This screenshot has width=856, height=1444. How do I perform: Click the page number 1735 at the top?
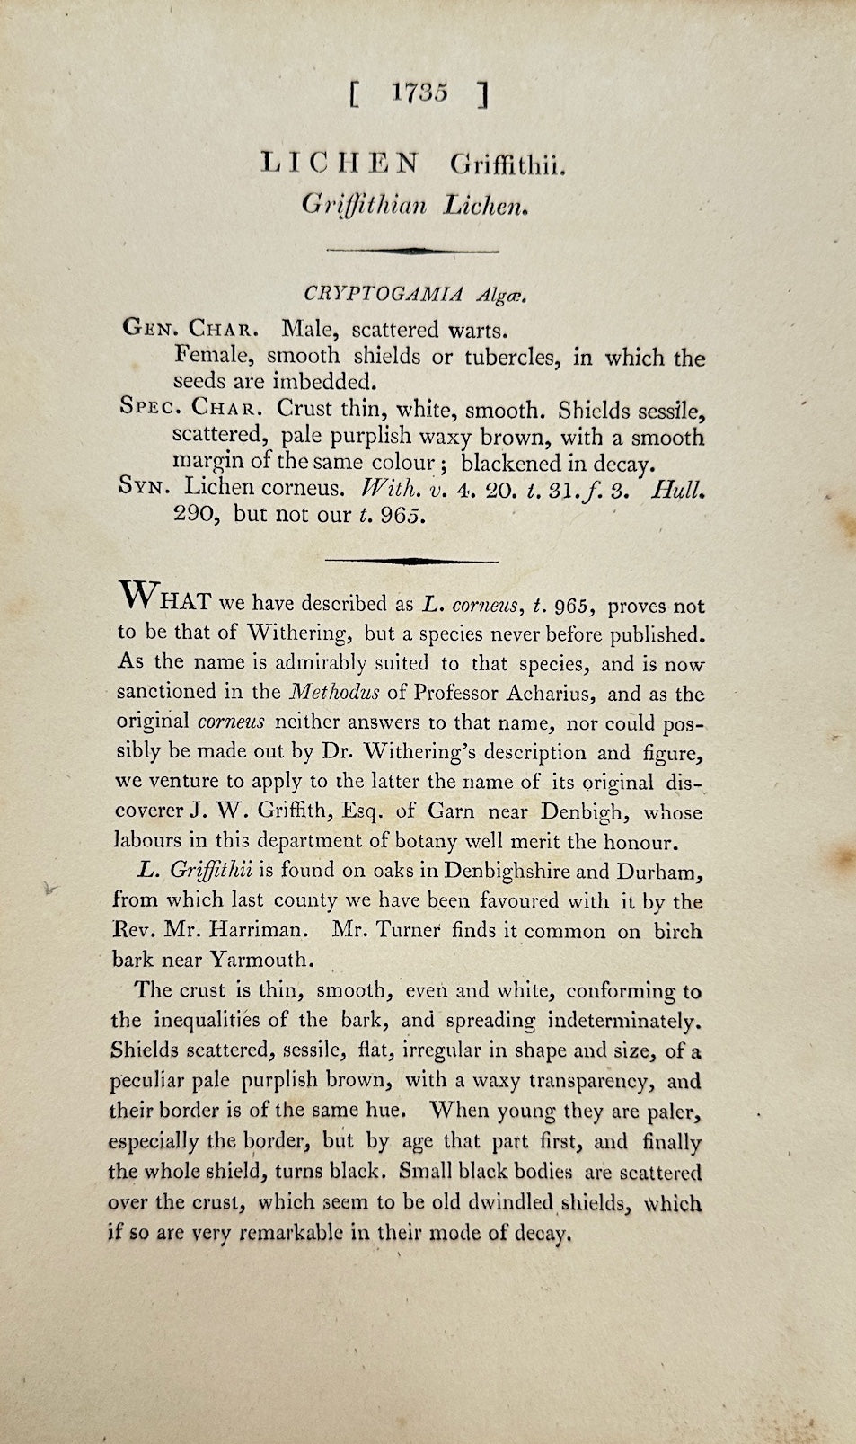419,93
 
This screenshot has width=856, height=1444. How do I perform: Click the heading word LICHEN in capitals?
340,163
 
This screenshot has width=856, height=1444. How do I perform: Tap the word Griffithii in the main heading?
507,165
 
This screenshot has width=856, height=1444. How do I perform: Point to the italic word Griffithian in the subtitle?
364,205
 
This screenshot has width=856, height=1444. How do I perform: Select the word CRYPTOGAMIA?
384,293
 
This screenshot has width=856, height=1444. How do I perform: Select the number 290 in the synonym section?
196,514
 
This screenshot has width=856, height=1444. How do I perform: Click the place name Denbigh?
583,811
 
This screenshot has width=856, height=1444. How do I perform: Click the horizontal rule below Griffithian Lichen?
412,250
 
